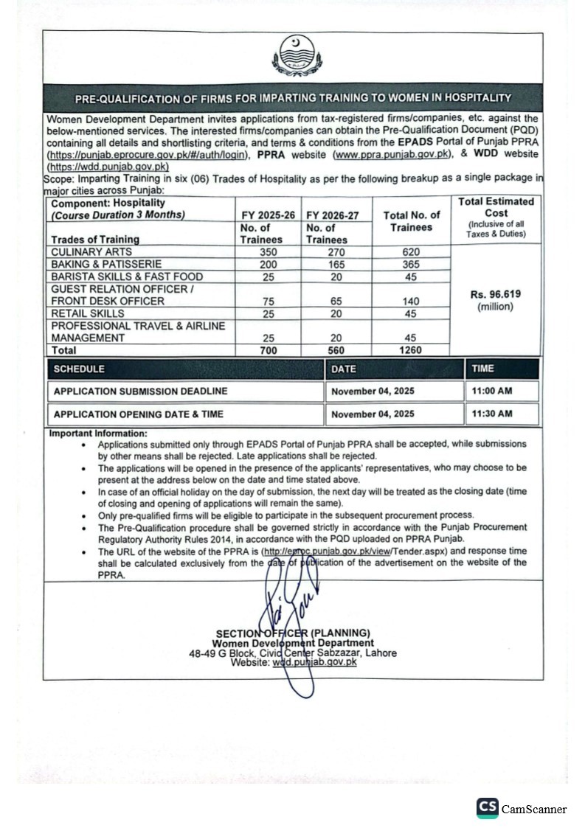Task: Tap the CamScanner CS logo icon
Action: coord(487,808)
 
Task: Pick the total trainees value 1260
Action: coord(410,350)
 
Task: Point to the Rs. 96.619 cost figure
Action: coord(495,294)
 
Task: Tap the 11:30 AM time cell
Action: coord(492,414)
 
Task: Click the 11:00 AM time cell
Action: coord(492,391)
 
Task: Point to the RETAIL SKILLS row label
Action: coord(88,313)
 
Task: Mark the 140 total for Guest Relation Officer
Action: coord(411,301)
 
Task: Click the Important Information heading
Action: coord(98,434)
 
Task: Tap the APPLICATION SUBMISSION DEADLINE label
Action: coord(140,392)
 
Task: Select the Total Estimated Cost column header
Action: coord(496,207)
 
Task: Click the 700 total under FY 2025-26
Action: coord(269,350)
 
